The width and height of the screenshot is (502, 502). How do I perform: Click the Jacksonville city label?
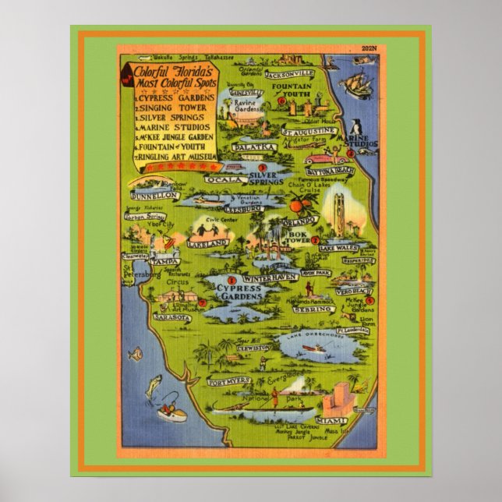coord(288,75)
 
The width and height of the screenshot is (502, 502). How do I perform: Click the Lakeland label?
coord(208,243)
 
